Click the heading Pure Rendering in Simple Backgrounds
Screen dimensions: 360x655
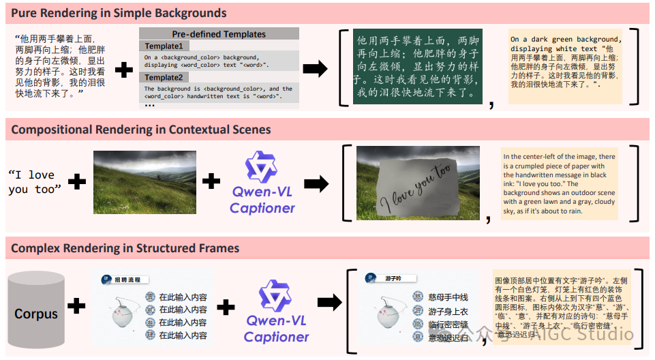pyautogui.click(x=119, y=13)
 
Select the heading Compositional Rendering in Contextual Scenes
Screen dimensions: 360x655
pyautogui.click(x=141, y=130)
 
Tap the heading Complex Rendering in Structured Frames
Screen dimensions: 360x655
pyautogui.click(x=125, y=248)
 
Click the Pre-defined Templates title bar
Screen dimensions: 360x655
pyautogui.click(x=219, y=33)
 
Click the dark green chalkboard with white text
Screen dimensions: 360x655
pyautogui.click(x=416, y=66)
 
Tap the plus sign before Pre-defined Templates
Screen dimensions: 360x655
pyautogui.click(x=123, y=69)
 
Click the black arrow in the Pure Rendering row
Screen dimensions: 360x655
pyautogui.click(x=314, y=69)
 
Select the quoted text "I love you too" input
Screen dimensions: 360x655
pyautogui.click(x=35, y=182)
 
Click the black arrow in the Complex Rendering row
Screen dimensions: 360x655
pyautogui.click(x=330, y=303)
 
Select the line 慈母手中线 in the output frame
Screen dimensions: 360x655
pyautogui.click(x=448, y=297)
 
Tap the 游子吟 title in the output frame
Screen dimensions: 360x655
pyautogui.click(x=395, y=278)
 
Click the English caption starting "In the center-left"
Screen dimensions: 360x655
pyautogui.click(x=559, y=184)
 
